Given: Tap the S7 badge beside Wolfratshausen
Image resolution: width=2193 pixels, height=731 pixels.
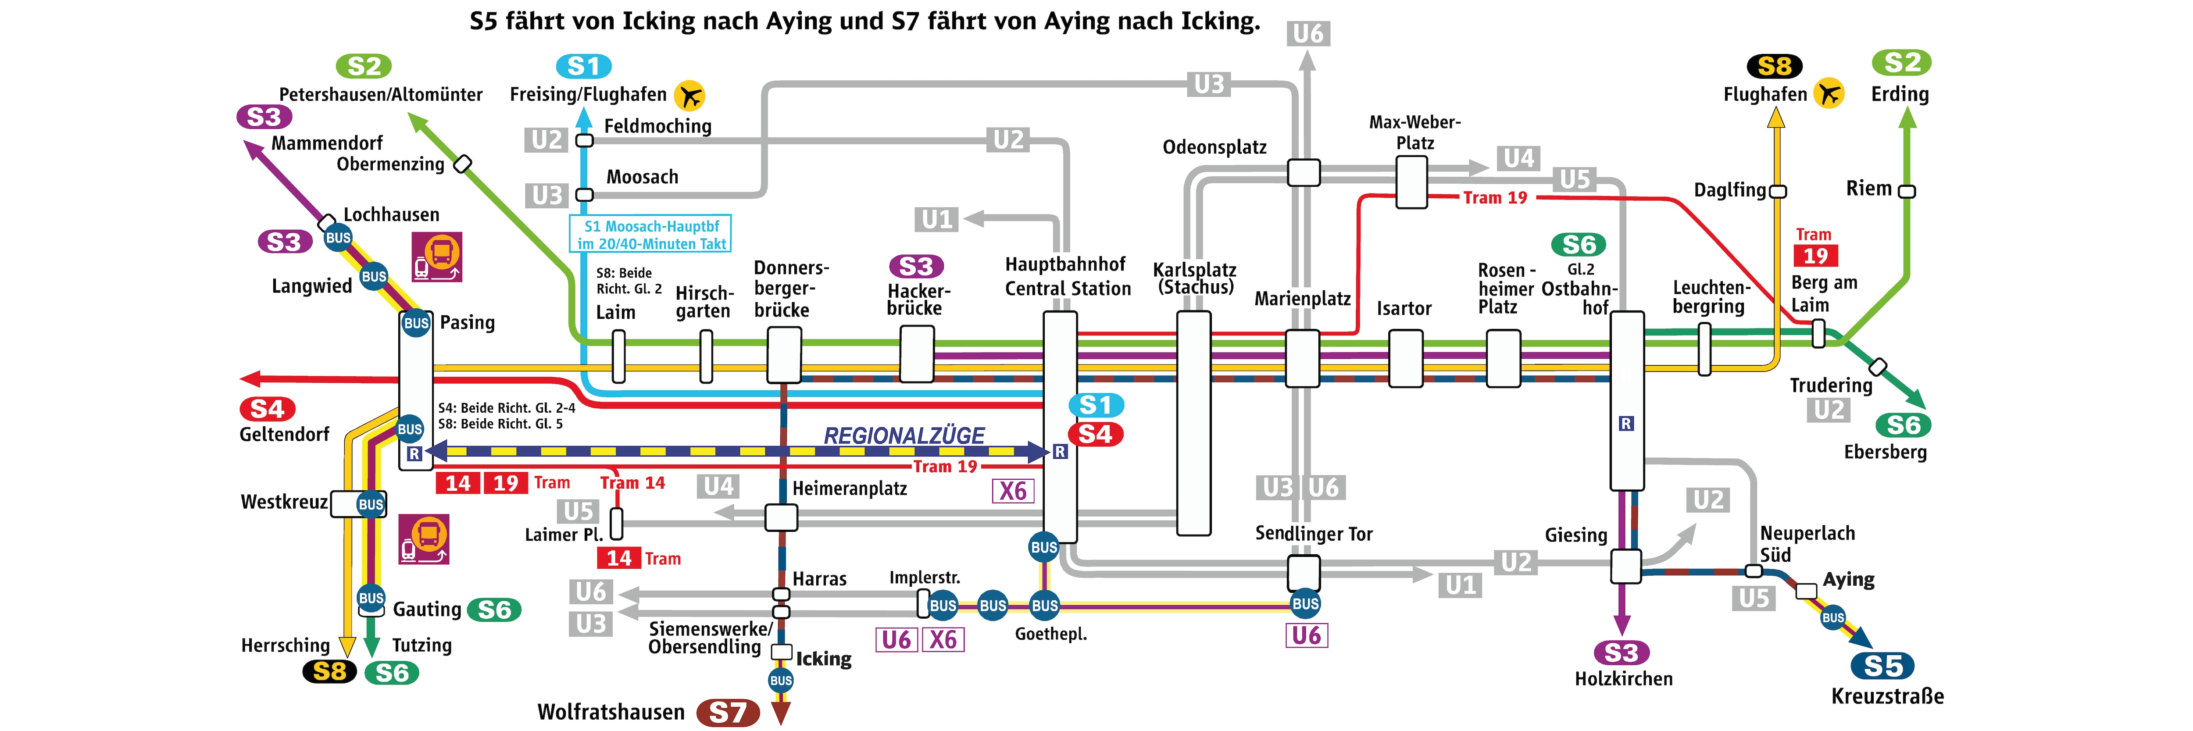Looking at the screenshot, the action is [728, 712].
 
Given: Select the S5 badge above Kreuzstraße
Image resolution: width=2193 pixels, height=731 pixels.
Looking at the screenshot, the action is [1882, 666].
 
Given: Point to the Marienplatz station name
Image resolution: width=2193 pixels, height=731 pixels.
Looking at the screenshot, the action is [1303, 299].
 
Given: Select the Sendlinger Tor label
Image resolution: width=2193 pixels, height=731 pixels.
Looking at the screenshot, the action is [1314, 534].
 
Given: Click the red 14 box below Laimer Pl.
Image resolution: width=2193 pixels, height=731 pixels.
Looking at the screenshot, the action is [619, 558].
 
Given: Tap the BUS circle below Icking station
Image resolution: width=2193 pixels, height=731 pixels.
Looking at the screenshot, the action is [781, 680].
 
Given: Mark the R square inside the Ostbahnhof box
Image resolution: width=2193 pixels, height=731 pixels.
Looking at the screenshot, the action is [1626, 423].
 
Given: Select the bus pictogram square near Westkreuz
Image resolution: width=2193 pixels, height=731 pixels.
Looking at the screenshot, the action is [424, 538].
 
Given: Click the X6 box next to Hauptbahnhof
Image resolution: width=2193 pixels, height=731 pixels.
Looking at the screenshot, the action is [1013, 491].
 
